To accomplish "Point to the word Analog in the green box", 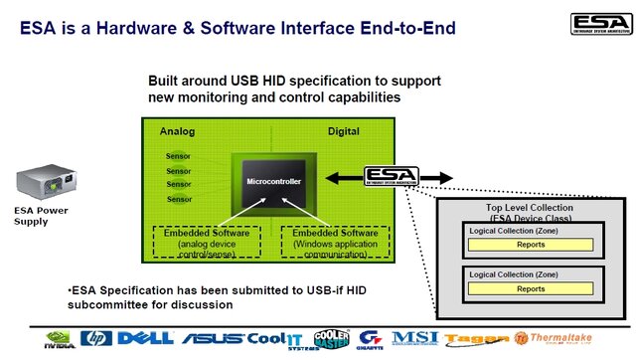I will coord(179,131).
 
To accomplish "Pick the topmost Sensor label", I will coord(179,157).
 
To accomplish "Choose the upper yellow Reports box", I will coord(531,245).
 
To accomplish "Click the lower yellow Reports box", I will coord(531,289).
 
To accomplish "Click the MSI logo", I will coord(415,339).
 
